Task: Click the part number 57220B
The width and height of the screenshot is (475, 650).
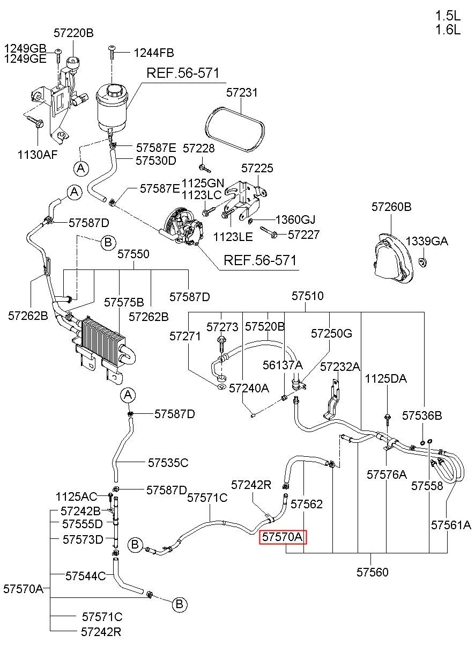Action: pos(73,33)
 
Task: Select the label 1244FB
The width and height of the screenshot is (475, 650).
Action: pos(154,53)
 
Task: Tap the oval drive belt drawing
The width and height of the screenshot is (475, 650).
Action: pos(235,129)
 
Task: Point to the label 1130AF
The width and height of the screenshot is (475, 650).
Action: pos(38,155)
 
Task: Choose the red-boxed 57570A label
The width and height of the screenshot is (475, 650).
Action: pos(283,537)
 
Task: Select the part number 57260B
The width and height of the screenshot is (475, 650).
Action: pos(391,207)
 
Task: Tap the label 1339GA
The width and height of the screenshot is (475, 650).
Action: pos(427,241)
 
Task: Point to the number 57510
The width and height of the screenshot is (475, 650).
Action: pos(308,296)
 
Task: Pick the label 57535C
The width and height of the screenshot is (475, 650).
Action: pos(168,463)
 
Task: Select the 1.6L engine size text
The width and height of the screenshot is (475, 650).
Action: pos(448,30)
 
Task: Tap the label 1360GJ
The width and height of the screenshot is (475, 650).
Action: pos(295,220)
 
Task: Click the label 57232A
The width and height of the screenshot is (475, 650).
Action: pos(340,367)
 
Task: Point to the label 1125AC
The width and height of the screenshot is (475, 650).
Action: pos(76,497)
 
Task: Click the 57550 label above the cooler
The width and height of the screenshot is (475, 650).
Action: pos(133,254)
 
